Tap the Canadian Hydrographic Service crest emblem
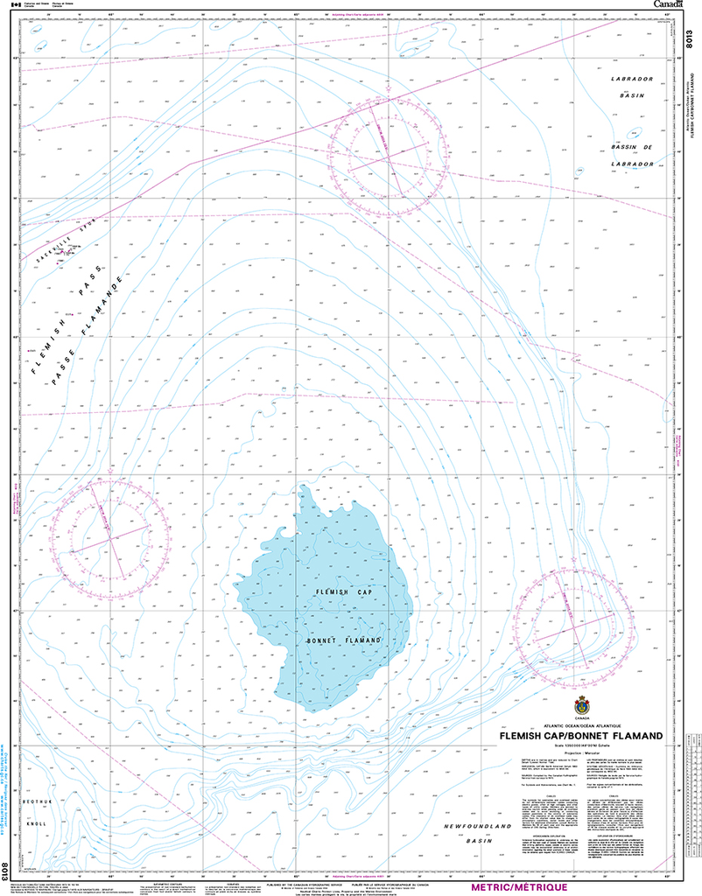pyautogui.click(x=581, y=707)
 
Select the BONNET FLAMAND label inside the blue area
pyautogui.click(x=345, y=640)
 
